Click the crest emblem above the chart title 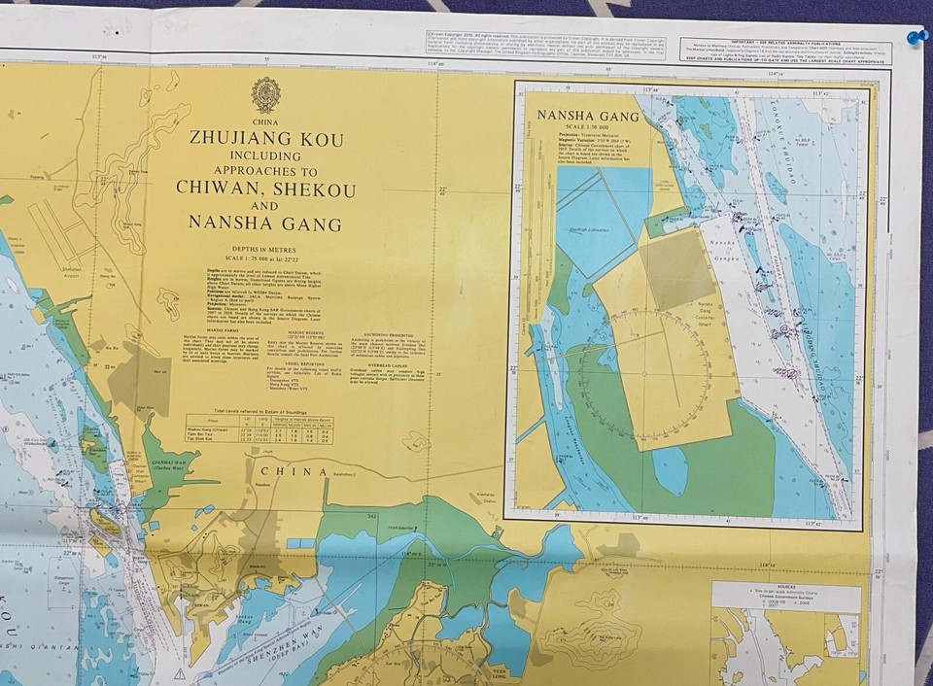coord(265,95)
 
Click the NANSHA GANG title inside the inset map coord(588,117)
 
